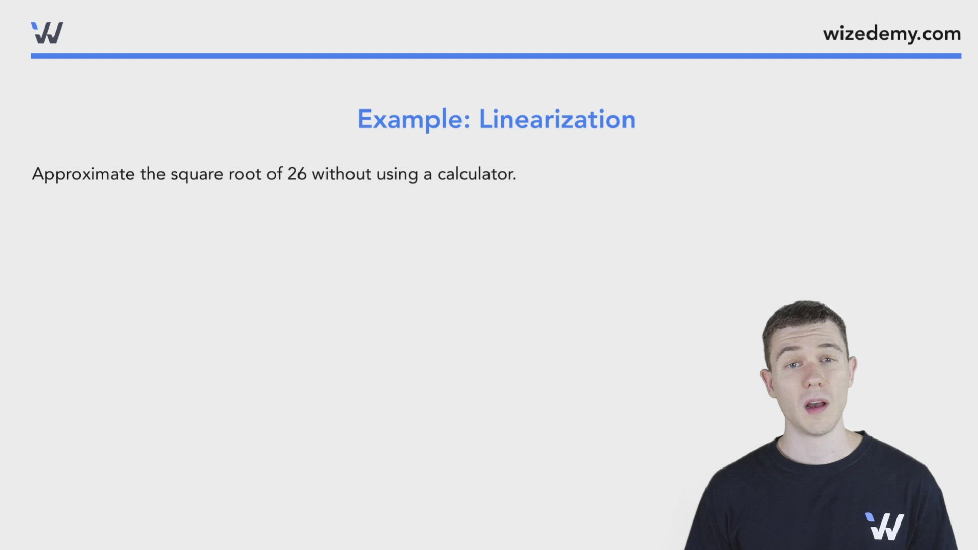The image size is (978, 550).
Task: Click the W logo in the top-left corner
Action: [47, 33]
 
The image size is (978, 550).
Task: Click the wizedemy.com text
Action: [891, 34]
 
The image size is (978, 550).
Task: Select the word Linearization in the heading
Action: [557, 120]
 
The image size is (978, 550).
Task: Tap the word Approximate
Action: [83, 174]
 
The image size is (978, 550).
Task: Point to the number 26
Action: [296, 174]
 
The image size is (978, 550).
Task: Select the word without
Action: [341, 174]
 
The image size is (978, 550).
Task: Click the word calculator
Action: [476, 174]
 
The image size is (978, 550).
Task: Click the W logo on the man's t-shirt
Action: [884, 526]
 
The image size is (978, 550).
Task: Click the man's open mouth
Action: [816, 406]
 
